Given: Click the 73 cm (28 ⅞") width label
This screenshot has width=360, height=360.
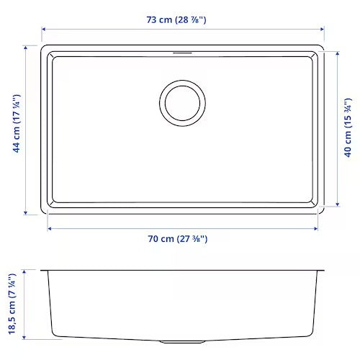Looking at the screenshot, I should (x=176, y=19).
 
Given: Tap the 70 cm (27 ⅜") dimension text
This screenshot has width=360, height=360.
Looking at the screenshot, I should (x=176, y=238).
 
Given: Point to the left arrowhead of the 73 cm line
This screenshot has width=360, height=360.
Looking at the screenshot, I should (x=42, y=30).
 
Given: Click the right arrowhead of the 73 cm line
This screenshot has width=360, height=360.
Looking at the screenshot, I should (x=322, y=30).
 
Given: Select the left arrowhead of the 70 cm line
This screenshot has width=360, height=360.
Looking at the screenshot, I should (x=50, y=228).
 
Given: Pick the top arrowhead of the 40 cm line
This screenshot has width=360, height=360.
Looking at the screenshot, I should (x=336, y=53).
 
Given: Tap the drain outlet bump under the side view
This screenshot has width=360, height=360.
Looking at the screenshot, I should (x=204, y=340).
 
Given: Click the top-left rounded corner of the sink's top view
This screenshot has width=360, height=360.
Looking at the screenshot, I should (x=45, y=48).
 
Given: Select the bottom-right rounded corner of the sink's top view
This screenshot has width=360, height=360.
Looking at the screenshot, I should (x=320, y=210).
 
